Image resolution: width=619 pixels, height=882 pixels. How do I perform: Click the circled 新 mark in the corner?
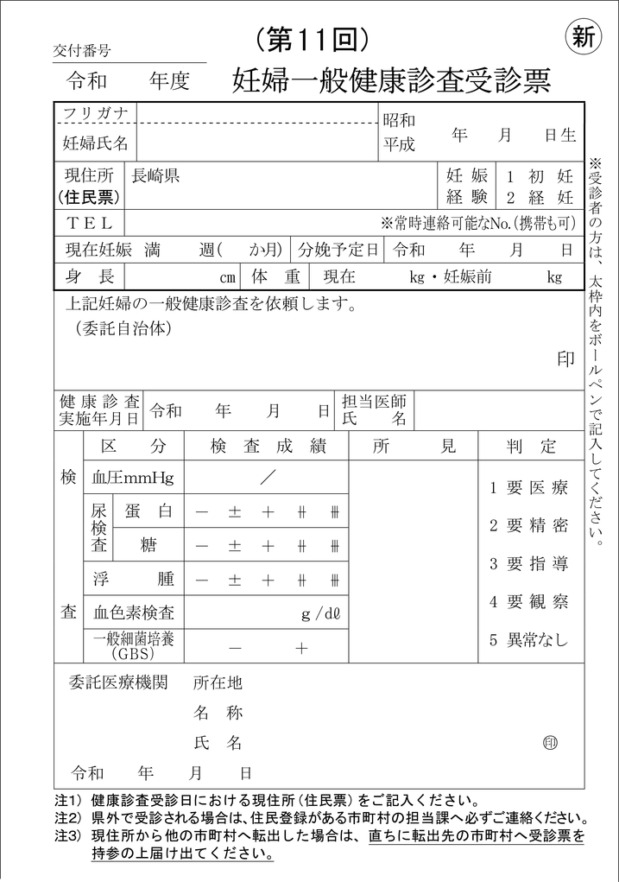584,37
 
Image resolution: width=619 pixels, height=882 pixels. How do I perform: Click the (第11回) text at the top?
313,38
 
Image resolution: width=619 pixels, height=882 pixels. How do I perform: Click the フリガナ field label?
96,114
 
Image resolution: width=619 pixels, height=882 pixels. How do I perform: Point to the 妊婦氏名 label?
96,143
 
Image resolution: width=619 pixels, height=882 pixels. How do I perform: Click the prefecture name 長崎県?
155,176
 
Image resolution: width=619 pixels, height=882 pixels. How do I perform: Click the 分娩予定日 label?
338,251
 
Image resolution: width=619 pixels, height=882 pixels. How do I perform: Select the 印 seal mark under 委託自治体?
565,360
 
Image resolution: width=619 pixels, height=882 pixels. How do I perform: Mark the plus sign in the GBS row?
301,648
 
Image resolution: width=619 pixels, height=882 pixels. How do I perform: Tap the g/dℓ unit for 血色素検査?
321,614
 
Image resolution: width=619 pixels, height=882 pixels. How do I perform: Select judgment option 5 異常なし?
529,640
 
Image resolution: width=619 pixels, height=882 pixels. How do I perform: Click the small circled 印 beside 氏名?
550,742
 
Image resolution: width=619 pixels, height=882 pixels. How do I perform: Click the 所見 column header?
414,447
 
